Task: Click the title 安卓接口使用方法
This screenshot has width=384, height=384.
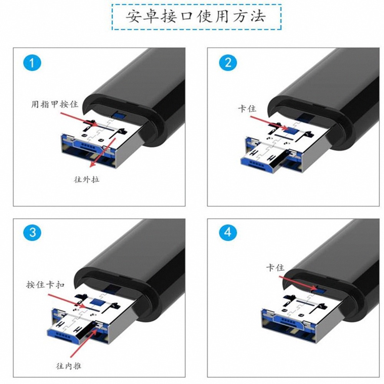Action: tap(196, 17)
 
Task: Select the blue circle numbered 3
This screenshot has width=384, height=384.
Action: tap(32, 232)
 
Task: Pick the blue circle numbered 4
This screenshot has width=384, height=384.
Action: tap(228, 232)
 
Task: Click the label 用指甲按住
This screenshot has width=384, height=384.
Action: tap(55, 104)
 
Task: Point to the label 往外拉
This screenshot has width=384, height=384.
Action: tap(86, 179)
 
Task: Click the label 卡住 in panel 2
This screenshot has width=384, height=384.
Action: tap(247, 108)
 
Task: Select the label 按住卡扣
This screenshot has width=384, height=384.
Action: tap(45, 285)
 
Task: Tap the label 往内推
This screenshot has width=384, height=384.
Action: tap(68, 366)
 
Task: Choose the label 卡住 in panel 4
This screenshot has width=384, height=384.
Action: tap(275, 267)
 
